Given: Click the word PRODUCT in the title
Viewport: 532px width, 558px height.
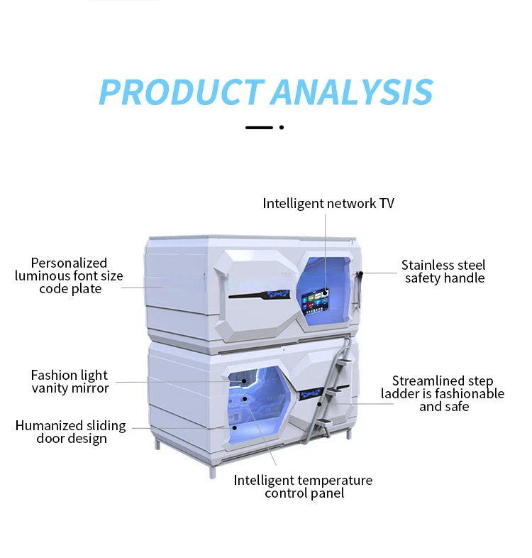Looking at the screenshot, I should (x=181, y=92).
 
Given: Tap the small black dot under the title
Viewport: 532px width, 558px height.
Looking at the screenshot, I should (x=282, y=128).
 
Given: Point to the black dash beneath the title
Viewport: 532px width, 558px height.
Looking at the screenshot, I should (x=259, y=128).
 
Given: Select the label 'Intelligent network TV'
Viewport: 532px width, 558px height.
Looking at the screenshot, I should (x=328, y=204).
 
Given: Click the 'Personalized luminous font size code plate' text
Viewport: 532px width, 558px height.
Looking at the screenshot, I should (x=70, y=275).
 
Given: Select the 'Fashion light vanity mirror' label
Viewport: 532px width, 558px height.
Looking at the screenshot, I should (x=70, y=381).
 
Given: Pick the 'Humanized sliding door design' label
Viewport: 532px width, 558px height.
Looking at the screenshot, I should (x=71, y=432).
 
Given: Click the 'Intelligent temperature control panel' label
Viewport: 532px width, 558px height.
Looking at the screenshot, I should (x=304, y=486).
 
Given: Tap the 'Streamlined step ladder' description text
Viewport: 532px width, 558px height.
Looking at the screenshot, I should (x=443, y=393).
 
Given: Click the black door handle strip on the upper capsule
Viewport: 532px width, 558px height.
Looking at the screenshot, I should (x=263, y=292).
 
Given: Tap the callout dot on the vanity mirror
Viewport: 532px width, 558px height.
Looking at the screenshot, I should (x=244, y=381).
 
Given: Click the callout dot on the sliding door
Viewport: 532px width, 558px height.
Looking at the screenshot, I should (x=234, y=427).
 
